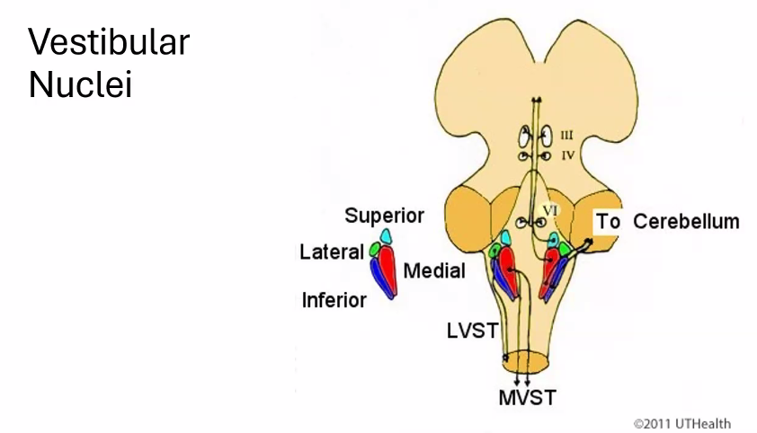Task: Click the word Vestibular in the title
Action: [x=109, y=42]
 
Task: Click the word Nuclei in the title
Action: [x=80, y=85]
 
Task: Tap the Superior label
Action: [x=384, y=216]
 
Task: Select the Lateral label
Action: [x=331, y=252]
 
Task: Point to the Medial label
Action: [x=434, y=270]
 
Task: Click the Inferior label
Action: [x=334, y=300]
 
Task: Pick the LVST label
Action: [x=472, y=331]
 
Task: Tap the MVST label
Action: [x=527, y=397]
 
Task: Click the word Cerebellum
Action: [x=686, y=222]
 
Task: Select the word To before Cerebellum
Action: [x=609, y=222]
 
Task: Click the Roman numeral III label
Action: [x=567, y=137]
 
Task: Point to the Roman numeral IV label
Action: [x=567, y=155]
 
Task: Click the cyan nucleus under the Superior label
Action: [x=386, y=236]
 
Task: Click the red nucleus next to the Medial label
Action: [x=387, y=264]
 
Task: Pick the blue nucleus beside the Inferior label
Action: [x=382, y=283]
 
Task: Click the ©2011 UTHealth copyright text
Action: [x=681, y=423]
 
